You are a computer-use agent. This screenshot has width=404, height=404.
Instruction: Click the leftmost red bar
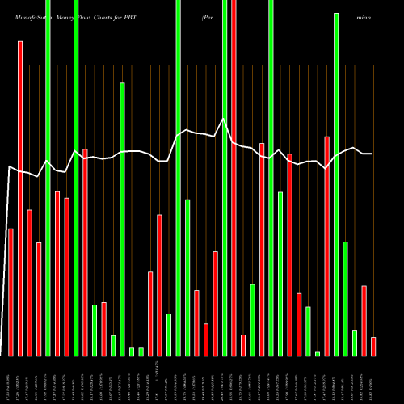pyautogui.click(x=11, y=291)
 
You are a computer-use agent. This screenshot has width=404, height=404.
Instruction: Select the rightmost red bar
pyautogui.click(x=373, y=346)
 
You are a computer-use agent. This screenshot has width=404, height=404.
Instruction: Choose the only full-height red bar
pyautogui.click(x=234, y=178)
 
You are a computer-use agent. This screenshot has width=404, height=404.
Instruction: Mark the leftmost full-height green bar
pyautogui.click(x=48, y=178)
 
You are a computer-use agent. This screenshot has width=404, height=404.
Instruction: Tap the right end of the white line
pyautogui.click(x=372, y=154)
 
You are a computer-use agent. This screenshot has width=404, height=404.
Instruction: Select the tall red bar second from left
pyautogui.click(x=20, y=198)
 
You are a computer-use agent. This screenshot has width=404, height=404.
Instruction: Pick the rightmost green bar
pyautogui.click(x=355, y=343)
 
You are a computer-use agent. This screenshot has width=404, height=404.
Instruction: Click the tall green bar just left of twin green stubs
pyautogui.click(x=122, y=218)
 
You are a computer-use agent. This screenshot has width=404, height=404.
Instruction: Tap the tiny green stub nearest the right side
pyautogui.click(x=318, y=353)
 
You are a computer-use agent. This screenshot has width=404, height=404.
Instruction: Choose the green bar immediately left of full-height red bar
pyautogui.click(x=225, y=178)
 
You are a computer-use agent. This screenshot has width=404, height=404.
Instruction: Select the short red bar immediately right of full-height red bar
pyautogui.click(x=243, y=345)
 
